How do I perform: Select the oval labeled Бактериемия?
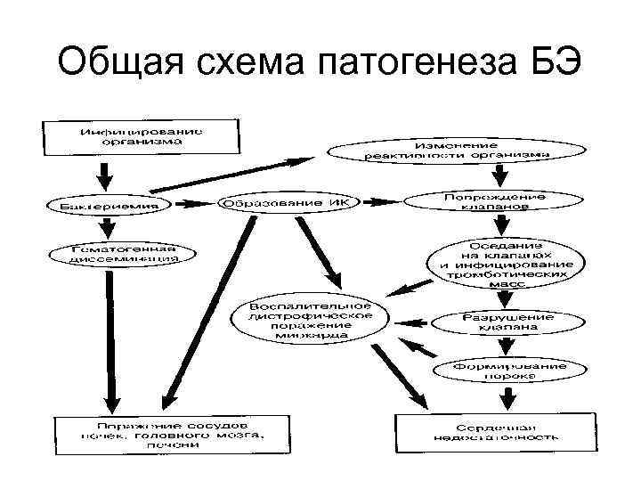click(x=110, y=205)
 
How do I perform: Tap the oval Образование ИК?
click(x=287, y=203)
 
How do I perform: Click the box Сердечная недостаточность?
click(x=496, y=431)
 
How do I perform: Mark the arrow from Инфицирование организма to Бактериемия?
click(x=109, y=173)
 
